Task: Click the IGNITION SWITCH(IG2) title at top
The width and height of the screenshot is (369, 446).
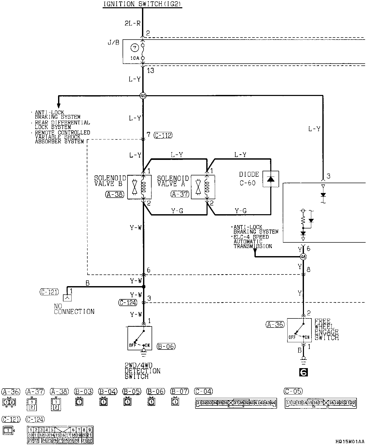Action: [x=142, y=4]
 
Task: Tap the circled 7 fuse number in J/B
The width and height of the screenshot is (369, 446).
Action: [x=134, y=48]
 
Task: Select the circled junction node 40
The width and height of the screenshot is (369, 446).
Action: [x=143, y=96]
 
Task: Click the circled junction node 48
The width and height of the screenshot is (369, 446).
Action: [x=303, y=257]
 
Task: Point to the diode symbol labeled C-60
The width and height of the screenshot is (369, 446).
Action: [x=271, y=179]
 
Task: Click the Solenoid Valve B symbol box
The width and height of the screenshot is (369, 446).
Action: [x=139, y=187]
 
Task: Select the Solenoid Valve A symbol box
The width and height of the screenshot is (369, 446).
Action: [x=203, y=187]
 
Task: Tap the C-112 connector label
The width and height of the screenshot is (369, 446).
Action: [x=163, y=135]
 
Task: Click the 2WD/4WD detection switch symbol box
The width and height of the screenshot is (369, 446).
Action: [x=140, y=338]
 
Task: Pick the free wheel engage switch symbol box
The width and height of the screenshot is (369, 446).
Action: [x=299, y=330]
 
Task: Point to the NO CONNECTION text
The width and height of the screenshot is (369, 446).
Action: [x=74, y=309]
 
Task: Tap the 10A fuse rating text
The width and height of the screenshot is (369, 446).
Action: [x=135, y=58]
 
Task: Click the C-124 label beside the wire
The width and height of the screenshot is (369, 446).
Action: [x=128, y=302]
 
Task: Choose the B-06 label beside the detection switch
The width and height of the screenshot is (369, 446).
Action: [x=166, y=346]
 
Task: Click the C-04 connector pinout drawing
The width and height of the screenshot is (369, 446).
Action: [x=236, y=403]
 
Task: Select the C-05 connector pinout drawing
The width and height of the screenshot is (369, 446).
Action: [x=321, y=403]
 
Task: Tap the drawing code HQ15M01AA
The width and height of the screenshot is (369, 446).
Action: [x=350, y=441]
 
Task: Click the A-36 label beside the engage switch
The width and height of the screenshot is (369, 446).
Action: [x=275, y=324]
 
